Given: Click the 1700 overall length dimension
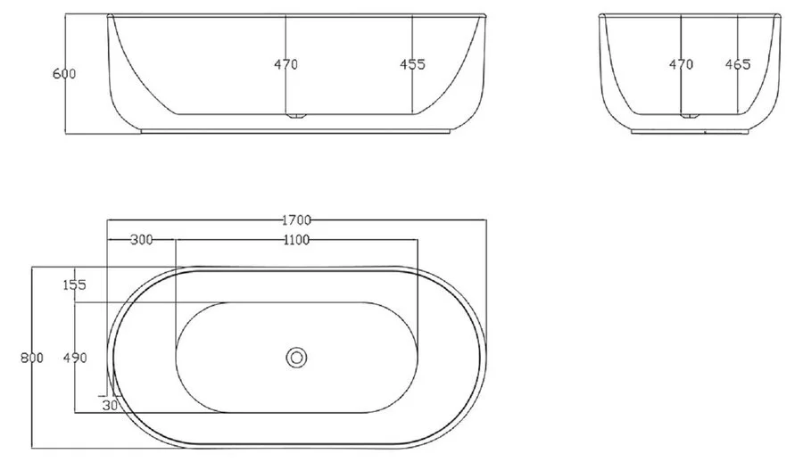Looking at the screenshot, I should (296, 219).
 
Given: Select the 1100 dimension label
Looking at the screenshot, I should (295, 240).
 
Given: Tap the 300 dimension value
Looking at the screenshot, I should (141, 240).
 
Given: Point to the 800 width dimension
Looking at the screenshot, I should (32, 358).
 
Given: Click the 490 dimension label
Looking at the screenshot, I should (74, 358).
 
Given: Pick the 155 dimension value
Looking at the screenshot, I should (74, 285).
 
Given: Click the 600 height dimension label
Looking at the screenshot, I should (63, 74).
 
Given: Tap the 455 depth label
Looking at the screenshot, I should (412, 64).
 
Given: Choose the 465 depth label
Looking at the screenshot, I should (738, 64).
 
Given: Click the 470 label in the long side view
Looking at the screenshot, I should (286, 64).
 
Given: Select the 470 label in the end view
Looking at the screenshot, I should (681, 64).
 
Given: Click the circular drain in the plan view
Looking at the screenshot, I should (296, 358).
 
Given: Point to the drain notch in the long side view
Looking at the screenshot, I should (296, 115).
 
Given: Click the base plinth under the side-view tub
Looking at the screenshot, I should (296, 131).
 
